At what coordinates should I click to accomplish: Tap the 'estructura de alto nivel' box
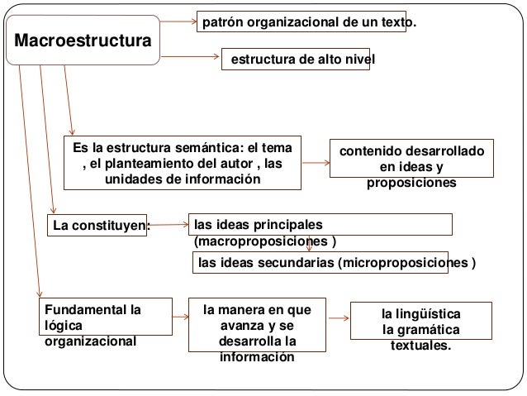pos(296,60)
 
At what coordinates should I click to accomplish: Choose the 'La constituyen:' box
pos(97,224)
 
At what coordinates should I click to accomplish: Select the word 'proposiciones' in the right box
pos(411,182)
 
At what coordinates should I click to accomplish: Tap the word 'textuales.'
pos(421,346)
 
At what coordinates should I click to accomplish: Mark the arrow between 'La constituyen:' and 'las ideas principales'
pos(169,223)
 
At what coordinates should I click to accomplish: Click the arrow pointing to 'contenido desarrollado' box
pos(316,162)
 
